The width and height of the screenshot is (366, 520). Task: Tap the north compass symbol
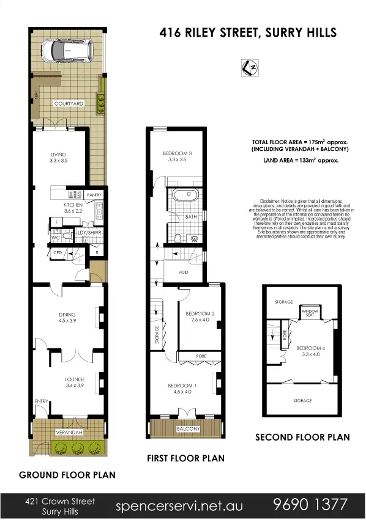(x=249, y=68)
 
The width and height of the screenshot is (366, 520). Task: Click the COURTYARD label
(x=69, y=104)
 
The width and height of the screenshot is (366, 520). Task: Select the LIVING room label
(x=59, y=154)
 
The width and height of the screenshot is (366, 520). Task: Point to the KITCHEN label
(x=73, y=205)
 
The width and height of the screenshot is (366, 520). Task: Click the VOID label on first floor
(x=183, y=272)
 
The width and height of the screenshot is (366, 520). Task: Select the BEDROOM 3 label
(x=177, y=153)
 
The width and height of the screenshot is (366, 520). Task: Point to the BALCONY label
(x=188, y=429)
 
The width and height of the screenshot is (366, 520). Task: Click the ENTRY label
(x=41, y=401)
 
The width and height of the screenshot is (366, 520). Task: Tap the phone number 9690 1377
(x=312, y=505)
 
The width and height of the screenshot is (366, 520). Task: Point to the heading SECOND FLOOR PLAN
(x=302, y=437)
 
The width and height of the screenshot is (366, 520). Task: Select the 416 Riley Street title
(x=248, y=32)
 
